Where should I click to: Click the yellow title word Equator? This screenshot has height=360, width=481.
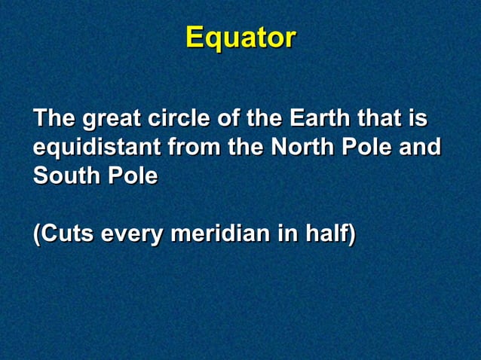240,38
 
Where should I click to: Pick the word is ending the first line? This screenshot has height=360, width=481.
418,120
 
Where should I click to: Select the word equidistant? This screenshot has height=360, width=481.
95,148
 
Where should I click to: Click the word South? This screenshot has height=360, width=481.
64,177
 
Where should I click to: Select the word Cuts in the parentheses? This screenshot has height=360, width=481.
63,234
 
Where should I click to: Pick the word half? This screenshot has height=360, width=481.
328,234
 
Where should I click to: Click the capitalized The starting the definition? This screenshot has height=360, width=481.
54,120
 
